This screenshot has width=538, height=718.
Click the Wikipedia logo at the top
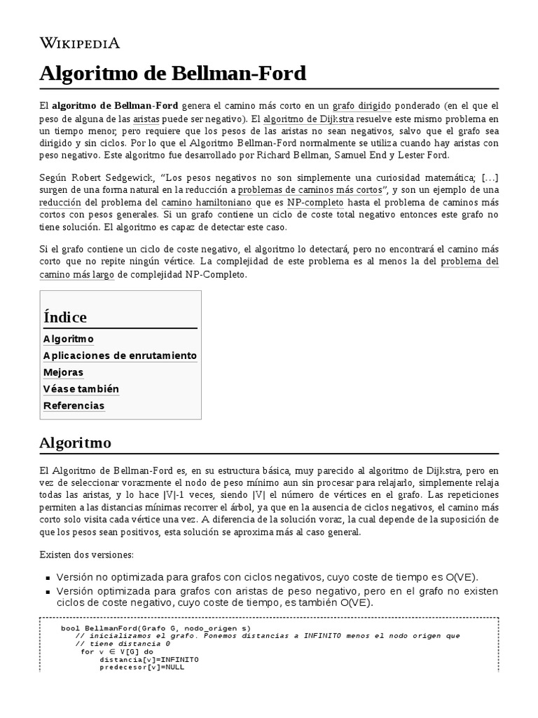click(x=79, y=43)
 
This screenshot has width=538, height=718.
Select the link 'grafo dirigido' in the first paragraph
click(x=361, y=105)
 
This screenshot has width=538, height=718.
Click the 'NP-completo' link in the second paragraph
click(x=315, y=203)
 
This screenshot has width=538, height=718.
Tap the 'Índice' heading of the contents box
click(x=65, y=317)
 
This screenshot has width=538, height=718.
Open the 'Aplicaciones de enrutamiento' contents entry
click(x=120, y=355)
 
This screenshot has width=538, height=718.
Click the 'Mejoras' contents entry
click(x=63, y=372)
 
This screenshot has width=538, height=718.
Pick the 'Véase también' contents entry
click(x=81, y=389)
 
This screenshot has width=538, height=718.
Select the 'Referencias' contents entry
click(x=74, y=406)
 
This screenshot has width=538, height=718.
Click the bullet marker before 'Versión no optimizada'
click(x=48, y=578)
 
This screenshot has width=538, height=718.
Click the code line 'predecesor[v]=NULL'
click(x=142, y=667)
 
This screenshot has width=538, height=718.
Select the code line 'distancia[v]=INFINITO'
click(x=149, y=659)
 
